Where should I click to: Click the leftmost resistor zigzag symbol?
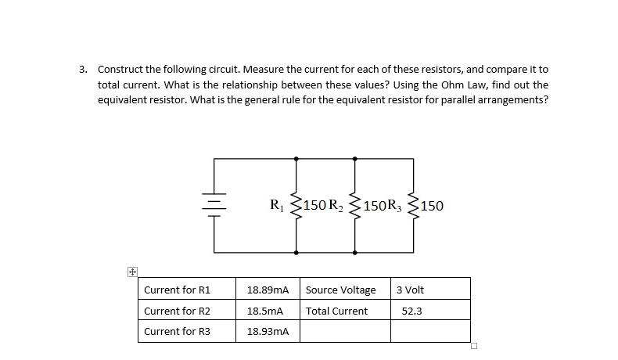coord(296,206)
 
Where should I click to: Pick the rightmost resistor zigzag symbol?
coord(415,206)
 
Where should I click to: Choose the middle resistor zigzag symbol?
coord(355,206)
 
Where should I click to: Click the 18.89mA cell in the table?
coord(268,290)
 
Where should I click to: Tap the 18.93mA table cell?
coord(268,332)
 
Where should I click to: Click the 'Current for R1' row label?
coord(177,290)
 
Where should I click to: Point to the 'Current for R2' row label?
coord(177,311)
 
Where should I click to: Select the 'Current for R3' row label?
coord(177,332)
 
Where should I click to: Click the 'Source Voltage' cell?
coord(341,290)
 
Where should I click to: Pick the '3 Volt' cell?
coord(411,290)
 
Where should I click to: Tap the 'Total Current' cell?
coord(337,311)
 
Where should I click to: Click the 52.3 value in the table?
coord(412,311)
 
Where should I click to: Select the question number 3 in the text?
coord(83,69)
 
